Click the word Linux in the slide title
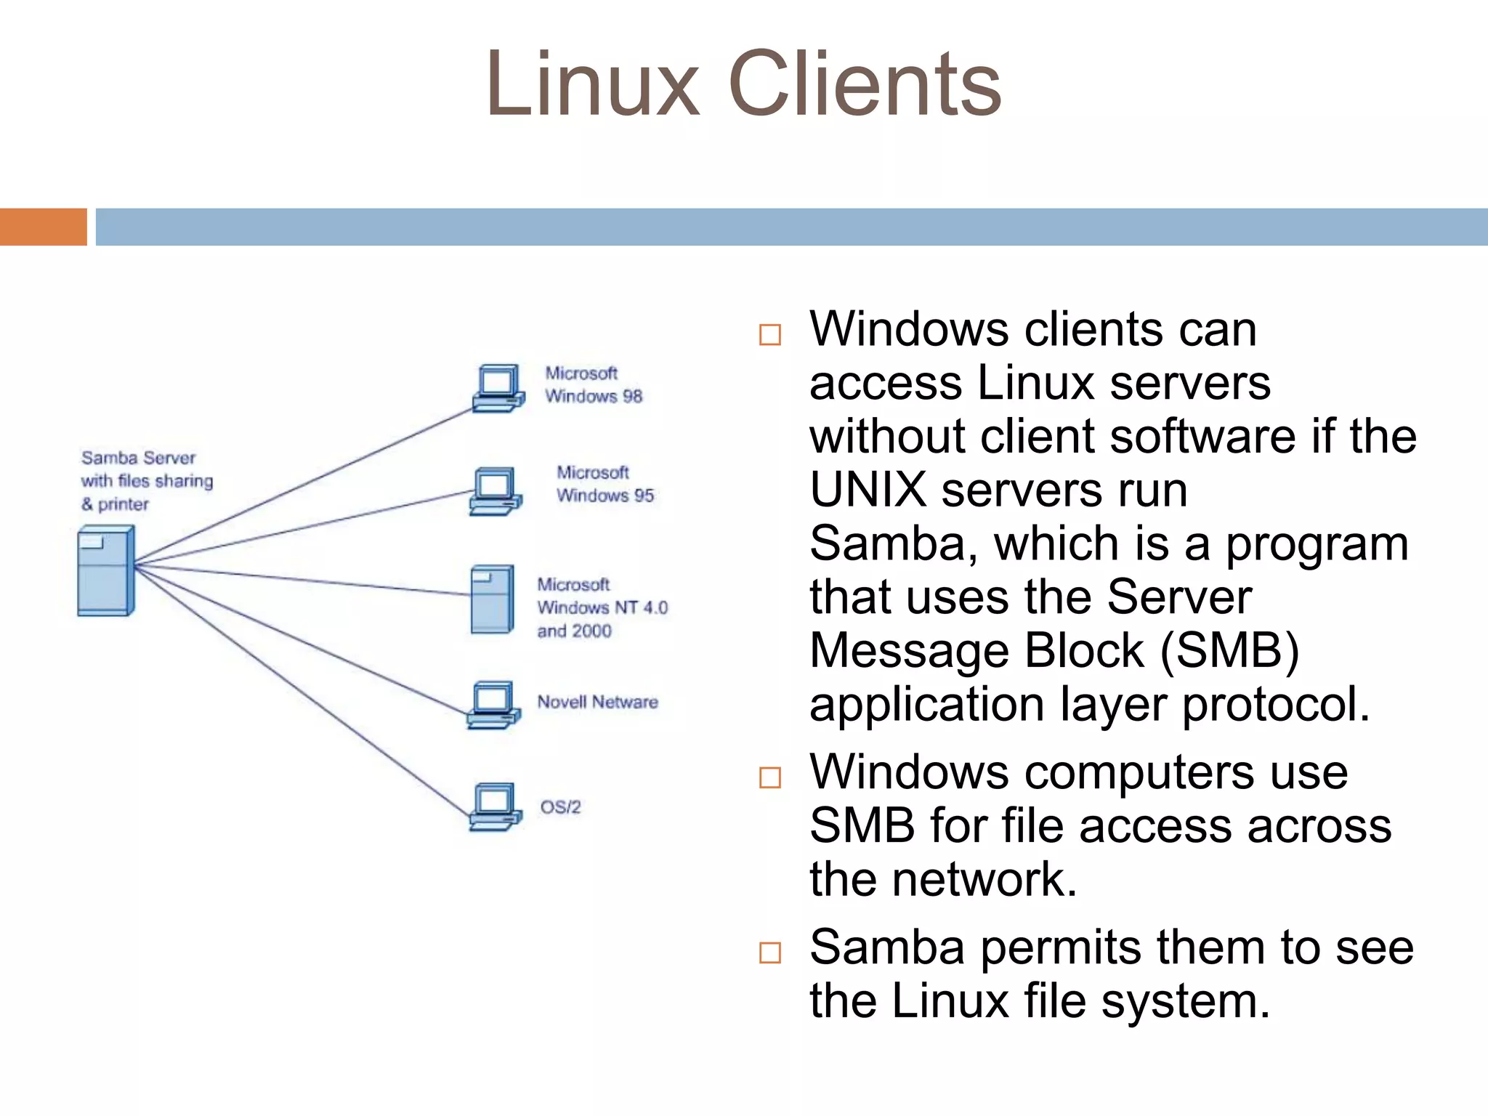tap(592, 84)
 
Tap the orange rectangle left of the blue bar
tap(43, 227)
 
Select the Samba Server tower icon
tap(105, 571)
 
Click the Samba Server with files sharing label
tap(146, 480)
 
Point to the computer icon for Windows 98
tap(498, 389)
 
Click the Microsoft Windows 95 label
tap(604, 484)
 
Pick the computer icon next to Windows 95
tap(496, 491)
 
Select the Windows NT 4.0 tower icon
tap(492, 599)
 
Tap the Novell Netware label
tap(597, 702)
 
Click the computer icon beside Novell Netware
tap(494, 704)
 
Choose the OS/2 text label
tap(560, 807)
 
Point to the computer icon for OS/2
tap(496, 806)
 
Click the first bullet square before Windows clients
tap(769, 335)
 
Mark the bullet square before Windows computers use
tap(769, 777)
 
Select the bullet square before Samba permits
tap(769, 953)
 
